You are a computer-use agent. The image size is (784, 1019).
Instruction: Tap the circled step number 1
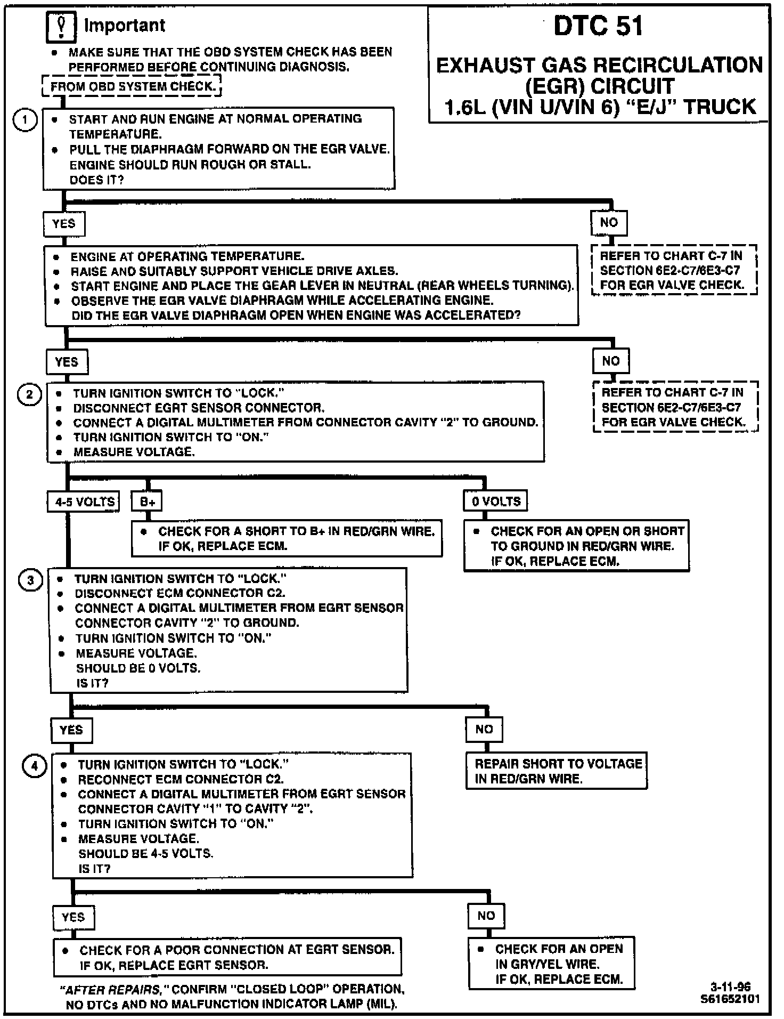click(24, 120)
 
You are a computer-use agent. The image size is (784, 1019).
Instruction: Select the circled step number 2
click(29, 395)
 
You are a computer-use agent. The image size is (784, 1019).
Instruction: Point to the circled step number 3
click(30, 580)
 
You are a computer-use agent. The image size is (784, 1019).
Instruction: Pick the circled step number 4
click(34, 766)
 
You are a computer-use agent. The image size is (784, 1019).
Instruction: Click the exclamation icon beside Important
click(62, 26)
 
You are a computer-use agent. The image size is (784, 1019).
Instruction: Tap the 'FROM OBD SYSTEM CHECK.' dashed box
click(132, 86)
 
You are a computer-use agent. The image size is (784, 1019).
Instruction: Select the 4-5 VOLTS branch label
click(84, 502)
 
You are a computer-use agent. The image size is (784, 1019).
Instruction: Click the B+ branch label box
click(148, 502)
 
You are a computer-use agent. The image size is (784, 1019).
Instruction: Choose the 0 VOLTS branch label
click(496, 501)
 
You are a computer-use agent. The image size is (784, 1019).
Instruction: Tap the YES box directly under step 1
click(64, 224)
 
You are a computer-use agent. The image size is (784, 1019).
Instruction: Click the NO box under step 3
click(484, 729)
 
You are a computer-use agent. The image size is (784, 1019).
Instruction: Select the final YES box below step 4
click(73, 917)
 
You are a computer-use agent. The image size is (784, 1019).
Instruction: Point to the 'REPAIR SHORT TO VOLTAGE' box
click(557, 771)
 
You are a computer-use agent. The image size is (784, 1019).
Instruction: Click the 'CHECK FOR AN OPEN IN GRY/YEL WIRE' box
click(552, 964)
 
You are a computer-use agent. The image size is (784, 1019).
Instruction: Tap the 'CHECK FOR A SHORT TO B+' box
click(287, 538)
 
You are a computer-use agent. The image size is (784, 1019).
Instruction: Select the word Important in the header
click(125, 25)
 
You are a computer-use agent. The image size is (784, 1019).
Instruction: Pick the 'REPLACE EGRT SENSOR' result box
click(227, 957)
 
